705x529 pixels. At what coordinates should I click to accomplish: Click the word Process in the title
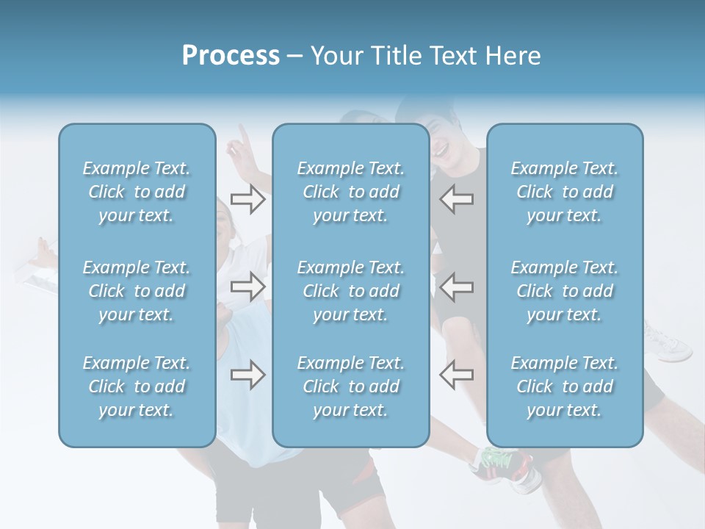[231, 56]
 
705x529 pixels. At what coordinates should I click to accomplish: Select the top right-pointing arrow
[247, 199]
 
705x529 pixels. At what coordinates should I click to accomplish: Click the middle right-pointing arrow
[247, 287]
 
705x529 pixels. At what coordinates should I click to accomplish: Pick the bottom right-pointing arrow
[247, 375]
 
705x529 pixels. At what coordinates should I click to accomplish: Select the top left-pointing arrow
[456, 199]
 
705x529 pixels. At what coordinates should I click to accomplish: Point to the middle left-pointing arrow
[456, 287]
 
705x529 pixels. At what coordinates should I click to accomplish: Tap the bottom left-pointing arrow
[456, 375]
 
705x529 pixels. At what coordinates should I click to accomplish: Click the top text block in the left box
[137, 192]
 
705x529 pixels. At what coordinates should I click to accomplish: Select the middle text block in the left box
[137, 291]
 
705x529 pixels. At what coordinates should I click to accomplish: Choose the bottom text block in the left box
[137, 386]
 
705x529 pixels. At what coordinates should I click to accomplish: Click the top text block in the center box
[351, 192]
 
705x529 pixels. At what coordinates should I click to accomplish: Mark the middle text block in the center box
[351, 291]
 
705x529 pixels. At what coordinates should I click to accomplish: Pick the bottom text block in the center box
[351, 386]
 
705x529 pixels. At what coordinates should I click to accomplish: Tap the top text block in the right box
[565, 192]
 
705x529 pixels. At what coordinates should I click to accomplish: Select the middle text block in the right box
[565, 291]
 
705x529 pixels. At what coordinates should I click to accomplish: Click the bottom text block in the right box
[565, 386]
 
